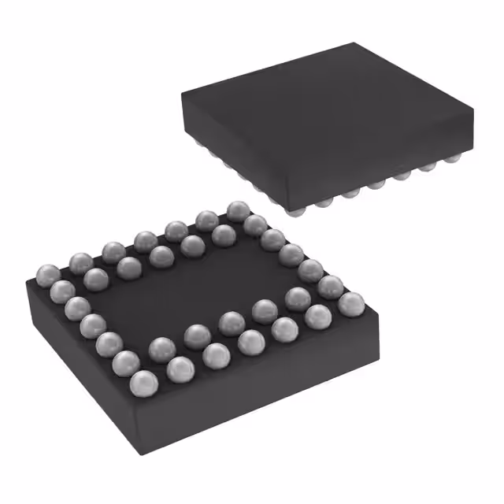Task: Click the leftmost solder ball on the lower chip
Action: tap(46, 275)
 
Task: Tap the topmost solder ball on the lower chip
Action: tap(238, 210)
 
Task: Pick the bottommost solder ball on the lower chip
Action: tap(143, 384)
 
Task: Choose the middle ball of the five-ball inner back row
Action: tap(161, 254)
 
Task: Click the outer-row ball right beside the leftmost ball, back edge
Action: tap(81, 261)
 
